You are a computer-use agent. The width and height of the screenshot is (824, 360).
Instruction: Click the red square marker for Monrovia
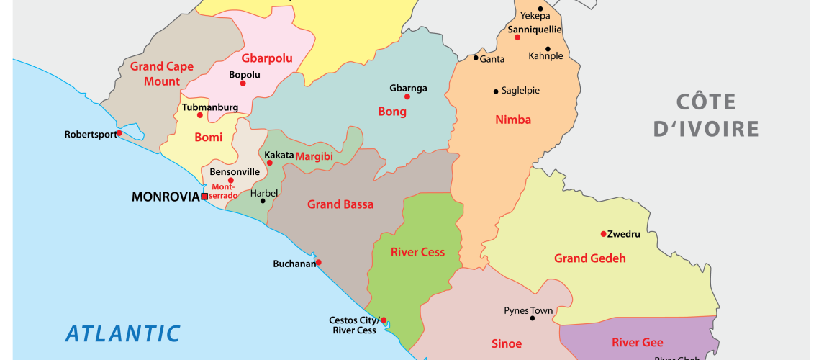204,196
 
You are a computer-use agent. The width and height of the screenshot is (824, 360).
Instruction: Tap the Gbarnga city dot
407,96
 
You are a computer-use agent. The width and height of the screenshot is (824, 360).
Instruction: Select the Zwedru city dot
603,233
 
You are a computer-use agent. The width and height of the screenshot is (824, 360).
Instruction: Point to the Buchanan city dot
318,263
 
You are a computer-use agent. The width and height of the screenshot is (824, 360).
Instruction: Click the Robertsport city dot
119,133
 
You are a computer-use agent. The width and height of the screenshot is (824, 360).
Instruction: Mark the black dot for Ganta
476,58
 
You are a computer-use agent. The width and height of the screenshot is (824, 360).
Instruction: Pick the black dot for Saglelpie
496,91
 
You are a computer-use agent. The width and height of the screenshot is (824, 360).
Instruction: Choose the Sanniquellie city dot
517,37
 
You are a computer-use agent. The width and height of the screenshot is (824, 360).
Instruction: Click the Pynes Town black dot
533,318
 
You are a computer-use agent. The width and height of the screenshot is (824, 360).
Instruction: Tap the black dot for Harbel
263,201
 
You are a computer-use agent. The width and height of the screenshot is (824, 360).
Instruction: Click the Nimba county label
513,120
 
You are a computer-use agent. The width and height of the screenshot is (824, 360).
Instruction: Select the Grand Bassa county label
340,204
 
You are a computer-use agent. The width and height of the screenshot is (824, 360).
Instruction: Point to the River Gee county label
637,342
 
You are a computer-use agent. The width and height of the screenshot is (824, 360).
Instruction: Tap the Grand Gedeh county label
589,258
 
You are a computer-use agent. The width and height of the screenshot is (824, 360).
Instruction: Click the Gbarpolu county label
267,58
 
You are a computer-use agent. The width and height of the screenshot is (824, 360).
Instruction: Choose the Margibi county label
314,156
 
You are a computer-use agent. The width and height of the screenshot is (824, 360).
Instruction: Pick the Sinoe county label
506,343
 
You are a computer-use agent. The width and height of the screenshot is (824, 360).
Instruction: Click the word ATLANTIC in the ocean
122,333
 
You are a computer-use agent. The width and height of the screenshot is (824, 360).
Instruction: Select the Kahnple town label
545,55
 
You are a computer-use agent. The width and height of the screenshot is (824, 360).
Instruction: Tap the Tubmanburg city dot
200,115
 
